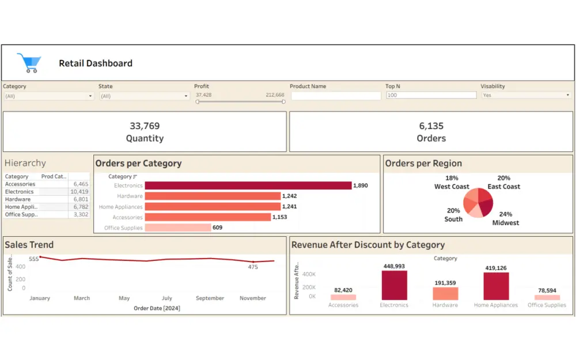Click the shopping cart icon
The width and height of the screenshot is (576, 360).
tap(28, 63)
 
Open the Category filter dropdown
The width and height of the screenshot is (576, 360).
tap(48, 96)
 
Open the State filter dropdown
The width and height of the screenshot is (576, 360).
tap(144, 96)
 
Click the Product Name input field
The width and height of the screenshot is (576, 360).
tap(336, 96)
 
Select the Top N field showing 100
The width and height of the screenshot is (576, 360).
tap(431, 95)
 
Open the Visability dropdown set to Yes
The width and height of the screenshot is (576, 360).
tap(526, 95)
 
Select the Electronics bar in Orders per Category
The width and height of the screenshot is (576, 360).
tap(248, 185)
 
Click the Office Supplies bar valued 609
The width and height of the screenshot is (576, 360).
tap(178, 228)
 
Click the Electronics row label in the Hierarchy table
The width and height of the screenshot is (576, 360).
tap(20, 192)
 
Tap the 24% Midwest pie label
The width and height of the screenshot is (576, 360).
tap(505, 218)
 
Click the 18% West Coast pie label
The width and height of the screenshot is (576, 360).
tap(452, 183)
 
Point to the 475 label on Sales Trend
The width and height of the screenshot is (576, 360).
tap(253, 267)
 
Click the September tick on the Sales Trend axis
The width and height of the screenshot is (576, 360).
tap(210, 298)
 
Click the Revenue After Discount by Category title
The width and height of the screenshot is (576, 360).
tap(368, 245)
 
